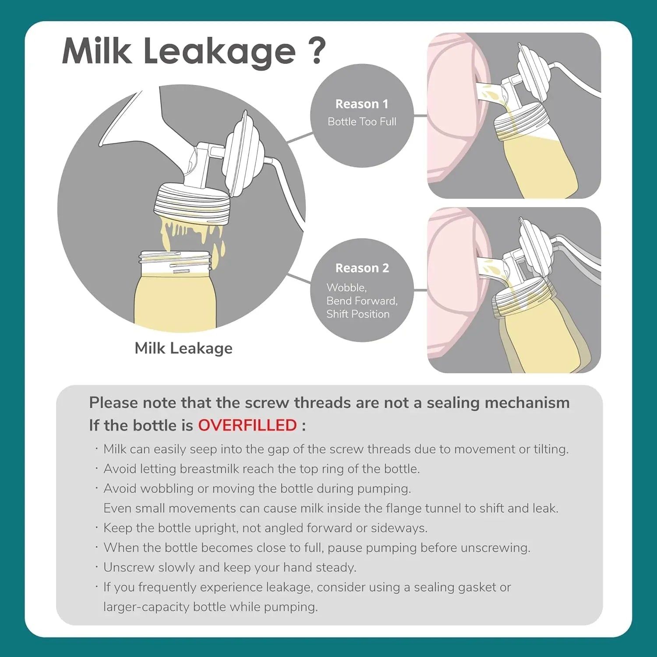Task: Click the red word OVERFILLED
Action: click(247, 425)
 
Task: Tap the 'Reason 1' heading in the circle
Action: click(362, 104)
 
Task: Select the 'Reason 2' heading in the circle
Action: click(362, 268)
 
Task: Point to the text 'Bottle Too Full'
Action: click(362, 122)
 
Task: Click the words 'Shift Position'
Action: click(358, 314)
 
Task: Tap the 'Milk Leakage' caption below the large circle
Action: click(184, 348)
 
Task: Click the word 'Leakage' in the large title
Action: click(219, 52)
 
